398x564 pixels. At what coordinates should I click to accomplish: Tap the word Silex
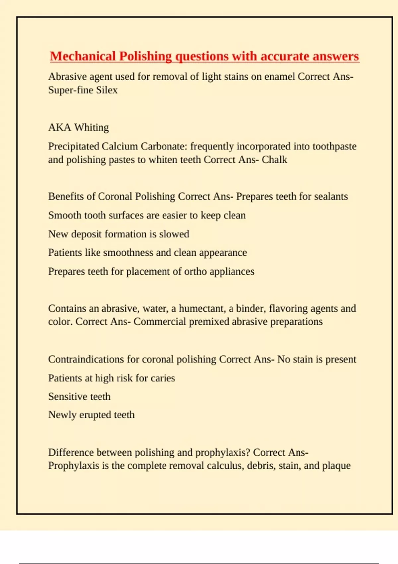click(107, 90)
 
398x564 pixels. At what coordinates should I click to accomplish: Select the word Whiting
click(92, 127)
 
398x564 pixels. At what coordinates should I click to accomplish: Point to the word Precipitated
click(74, 146)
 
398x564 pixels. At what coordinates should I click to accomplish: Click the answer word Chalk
click(274, 160)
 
